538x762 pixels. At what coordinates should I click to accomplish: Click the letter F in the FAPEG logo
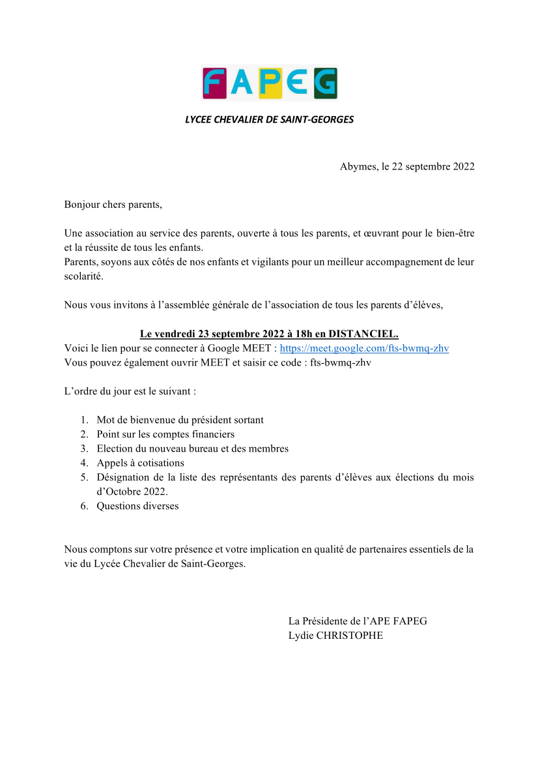(x=214, y=83)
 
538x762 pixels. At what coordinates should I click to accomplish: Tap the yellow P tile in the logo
(x=270, y=83)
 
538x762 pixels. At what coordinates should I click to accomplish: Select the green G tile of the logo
(x=325, y=83)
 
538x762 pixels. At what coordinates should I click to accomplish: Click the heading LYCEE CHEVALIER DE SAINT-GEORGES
(x=269, y=119)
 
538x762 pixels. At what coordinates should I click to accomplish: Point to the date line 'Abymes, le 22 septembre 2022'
(x=406, y=166)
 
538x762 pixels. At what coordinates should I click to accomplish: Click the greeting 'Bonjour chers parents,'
(x=113, y=205)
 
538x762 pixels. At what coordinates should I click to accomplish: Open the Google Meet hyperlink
(x=364, y=348)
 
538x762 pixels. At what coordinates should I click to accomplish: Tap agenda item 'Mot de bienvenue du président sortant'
(x=180, y=420)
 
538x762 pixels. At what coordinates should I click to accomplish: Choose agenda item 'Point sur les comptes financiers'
(x=165, y=434)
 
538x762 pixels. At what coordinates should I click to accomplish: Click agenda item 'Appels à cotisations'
(x=140, y=463)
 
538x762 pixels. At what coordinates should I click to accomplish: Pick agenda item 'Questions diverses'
(x=137, y=506)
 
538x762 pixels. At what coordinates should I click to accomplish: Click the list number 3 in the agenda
(x=84, y=448)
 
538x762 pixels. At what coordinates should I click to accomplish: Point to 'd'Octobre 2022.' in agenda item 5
(x=132, y=491)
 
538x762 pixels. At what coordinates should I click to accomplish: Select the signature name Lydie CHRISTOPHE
(x=335, y=636)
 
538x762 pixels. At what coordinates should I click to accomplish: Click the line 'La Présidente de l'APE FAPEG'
(x=358, y=621)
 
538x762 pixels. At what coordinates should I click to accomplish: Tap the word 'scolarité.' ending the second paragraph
(x=84, y=276)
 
